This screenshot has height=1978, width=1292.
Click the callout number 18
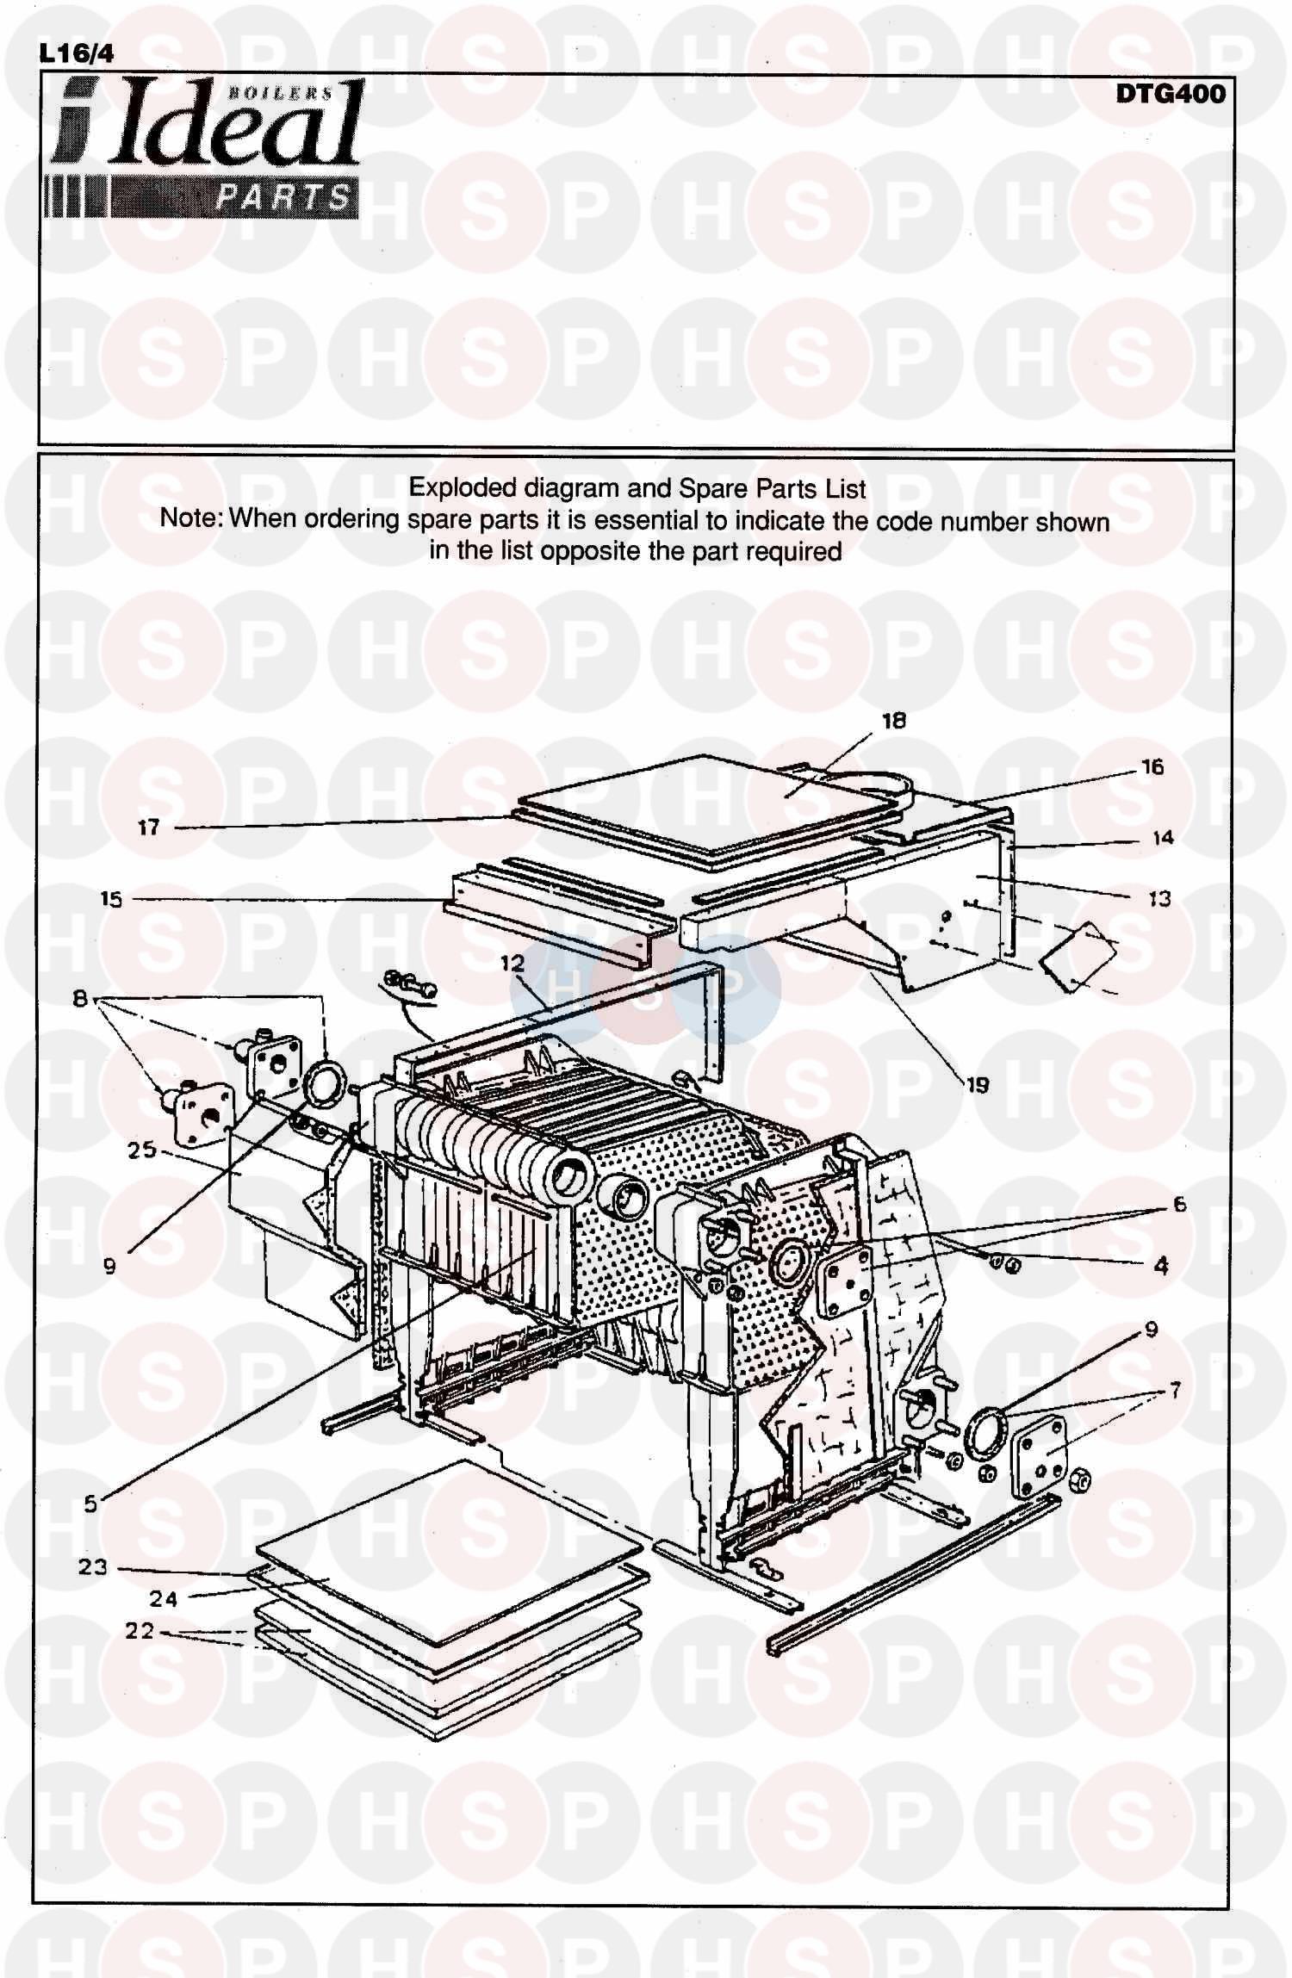tap(894, 721)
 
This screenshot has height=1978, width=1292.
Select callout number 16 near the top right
tap(1152, 766)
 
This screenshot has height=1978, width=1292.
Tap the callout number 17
tap(149, 828)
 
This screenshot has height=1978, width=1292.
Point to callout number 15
tap(111, 900)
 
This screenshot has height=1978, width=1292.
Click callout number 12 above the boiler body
tap(512, 964)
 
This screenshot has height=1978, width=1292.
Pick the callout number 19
tap(978, 1085)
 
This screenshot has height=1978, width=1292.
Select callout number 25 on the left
tap(142, 1150)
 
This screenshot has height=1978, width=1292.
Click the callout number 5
tap(90, 1504)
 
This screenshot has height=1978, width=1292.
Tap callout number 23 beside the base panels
tap(93, 1566)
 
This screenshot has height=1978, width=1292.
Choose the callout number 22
tap(140, 1630)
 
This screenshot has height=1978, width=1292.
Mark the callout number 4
tap(1161, 1265)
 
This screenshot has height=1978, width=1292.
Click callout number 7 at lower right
tap(1175, 1389)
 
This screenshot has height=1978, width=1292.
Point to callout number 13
tap(1160, 899)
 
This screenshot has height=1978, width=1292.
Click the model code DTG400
tap(1171, 94)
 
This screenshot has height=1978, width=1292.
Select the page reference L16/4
tap(77, 53)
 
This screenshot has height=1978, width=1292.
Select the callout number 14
tap(1163, 837)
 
